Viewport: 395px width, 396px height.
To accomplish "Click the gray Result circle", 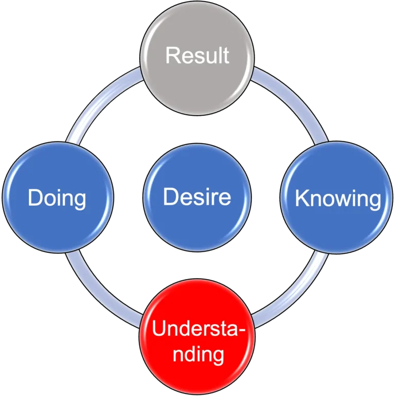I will [x=197, y=77].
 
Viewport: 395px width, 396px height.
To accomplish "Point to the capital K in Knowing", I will [x=301, y=199].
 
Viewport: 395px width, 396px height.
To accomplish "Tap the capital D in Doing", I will [x=34, y=198].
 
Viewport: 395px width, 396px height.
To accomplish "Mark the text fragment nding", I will [x=197, y=354].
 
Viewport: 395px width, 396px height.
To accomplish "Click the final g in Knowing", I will [x=374, y=201].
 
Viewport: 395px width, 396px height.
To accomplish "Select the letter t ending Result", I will [x=225, y=56].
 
